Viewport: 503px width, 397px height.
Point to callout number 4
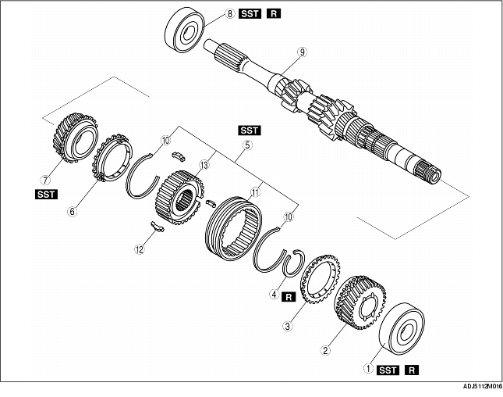coord(274,295)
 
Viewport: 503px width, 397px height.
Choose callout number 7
coord(55,170)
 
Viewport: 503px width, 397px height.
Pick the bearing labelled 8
coord(184,34)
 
